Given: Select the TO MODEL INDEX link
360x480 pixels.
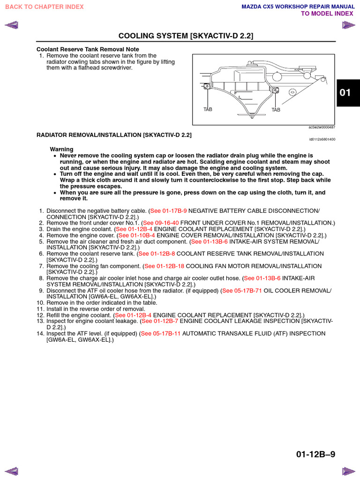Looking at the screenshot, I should click(x=327, y=14).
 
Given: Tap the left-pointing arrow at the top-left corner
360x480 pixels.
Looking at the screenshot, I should click(x=11, y=25).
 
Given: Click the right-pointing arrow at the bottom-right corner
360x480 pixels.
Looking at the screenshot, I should click(x=349, y=471).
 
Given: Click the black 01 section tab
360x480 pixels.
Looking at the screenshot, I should click(x=345, y=93).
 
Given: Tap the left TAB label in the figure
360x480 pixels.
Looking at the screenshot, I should click(x=208, y=109).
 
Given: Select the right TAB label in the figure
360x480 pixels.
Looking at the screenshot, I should click(x=276, y=110).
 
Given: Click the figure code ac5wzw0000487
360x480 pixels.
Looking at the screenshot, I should click(x=322, y=127).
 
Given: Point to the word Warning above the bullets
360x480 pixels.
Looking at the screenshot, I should click(x=62, y=149).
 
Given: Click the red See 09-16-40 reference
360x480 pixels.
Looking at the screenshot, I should click(x=161, y=223).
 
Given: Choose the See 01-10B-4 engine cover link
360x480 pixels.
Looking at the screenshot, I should click(x=136, y=235).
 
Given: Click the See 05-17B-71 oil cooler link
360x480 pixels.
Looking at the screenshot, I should click(x=242, y=291).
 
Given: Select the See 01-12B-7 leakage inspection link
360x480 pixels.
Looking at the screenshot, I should click(x=160, y=321).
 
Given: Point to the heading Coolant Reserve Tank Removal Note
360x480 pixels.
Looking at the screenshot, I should click(x=88, y=49).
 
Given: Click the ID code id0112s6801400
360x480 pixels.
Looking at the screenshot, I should click(x=322, y=139).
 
